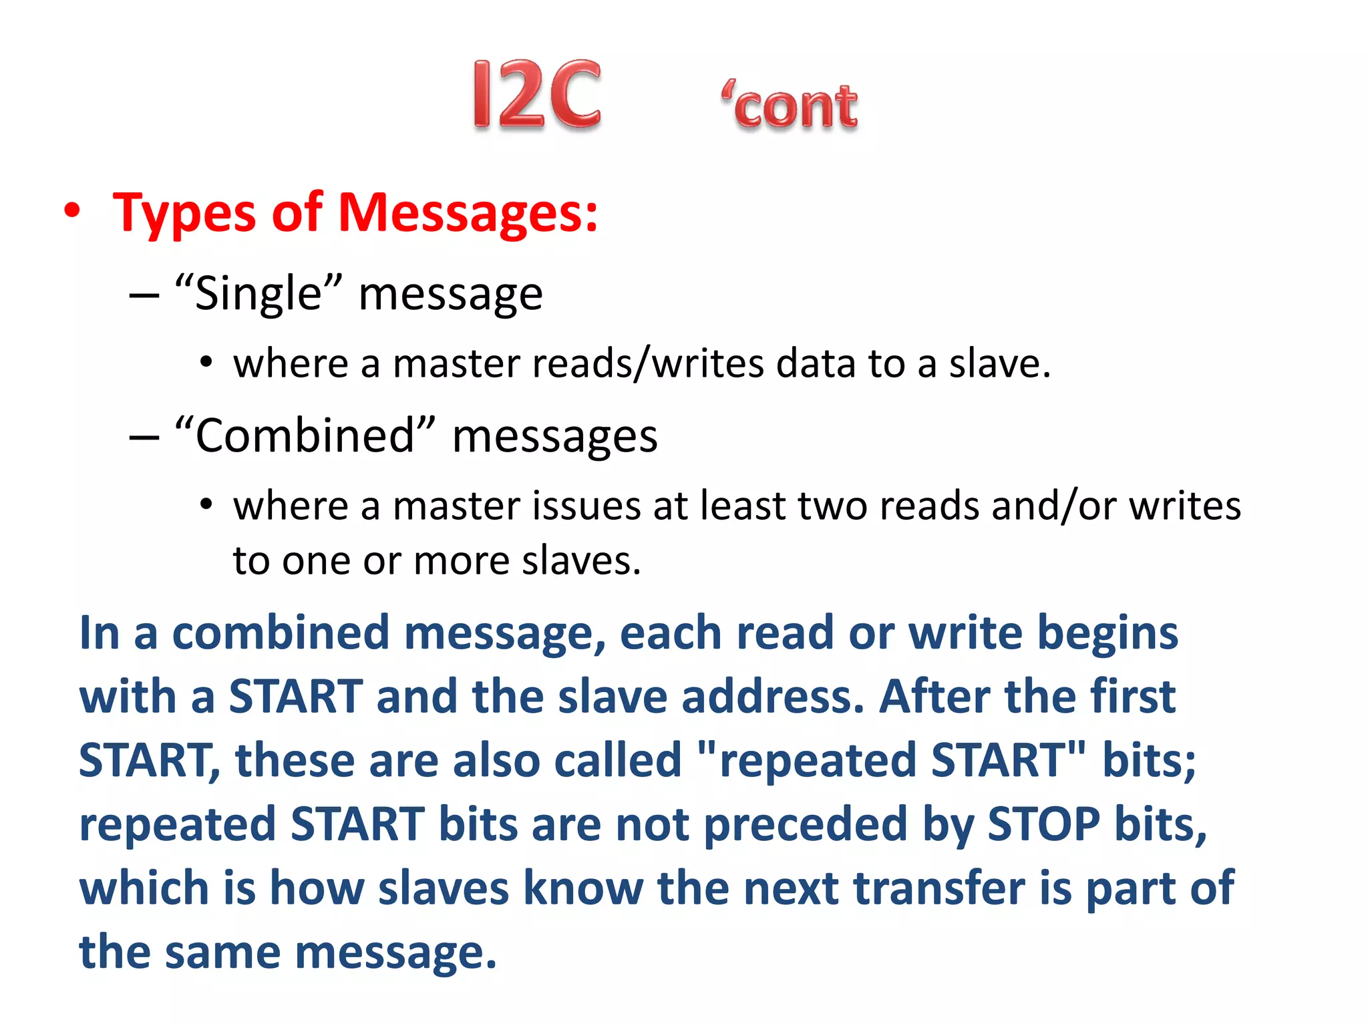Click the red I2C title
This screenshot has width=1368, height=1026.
click(x=536, y=94)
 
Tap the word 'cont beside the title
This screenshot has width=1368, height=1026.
click(x=790, y=106)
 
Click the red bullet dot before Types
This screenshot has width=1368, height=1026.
click(x=72, y=211)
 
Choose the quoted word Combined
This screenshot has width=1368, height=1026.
click(x=305, y=436)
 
